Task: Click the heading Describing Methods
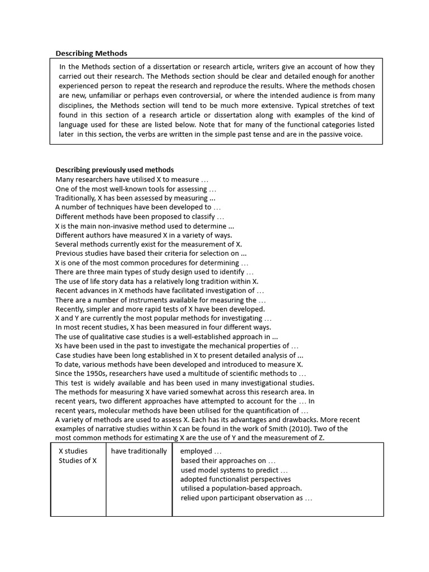coord(91,54)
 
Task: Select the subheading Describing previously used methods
coord(115,170)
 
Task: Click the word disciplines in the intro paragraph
coord(77,105)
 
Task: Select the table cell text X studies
coord(73,451)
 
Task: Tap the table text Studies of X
coord(78,461)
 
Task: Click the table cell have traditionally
coord(139,451)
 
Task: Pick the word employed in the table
coord(196,451)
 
